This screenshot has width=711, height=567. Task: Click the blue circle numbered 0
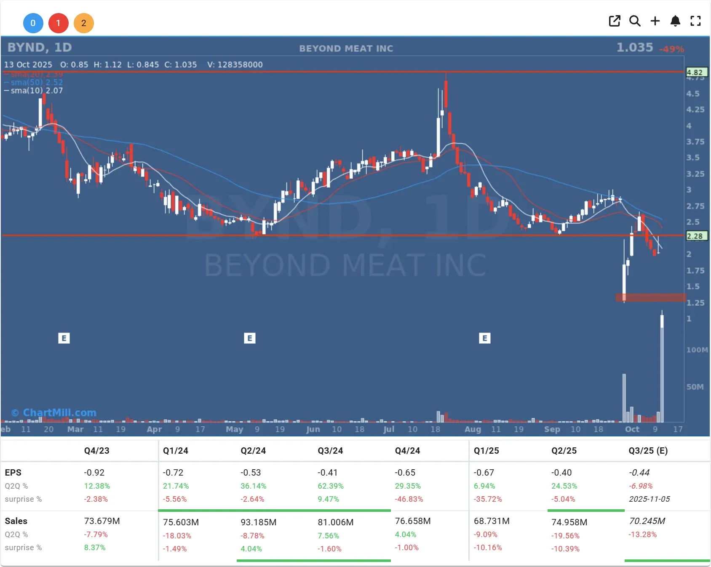[33, 23]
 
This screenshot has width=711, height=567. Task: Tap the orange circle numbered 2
[83, 23]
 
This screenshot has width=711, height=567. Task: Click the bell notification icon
[675, 21]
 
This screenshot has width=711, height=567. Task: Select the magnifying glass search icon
[635, 21]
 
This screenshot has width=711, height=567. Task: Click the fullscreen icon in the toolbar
[695, 21]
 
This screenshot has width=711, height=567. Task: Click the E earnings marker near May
[250, 338]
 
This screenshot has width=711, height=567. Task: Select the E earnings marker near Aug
[485, 338]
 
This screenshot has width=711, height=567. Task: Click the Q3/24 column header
[330, 451]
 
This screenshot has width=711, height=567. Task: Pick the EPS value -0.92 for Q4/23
[94, 473]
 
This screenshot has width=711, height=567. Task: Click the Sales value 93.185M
[258, 522]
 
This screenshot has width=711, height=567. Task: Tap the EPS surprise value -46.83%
[409, 499]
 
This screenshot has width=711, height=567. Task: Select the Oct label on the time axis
[632, 429]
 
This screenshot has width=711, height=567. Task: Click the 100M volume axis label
[697, 350]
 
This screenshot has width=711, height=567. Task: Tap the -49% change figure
[672, 49]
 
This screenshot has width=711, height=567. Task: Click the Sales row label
[16, 521]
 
